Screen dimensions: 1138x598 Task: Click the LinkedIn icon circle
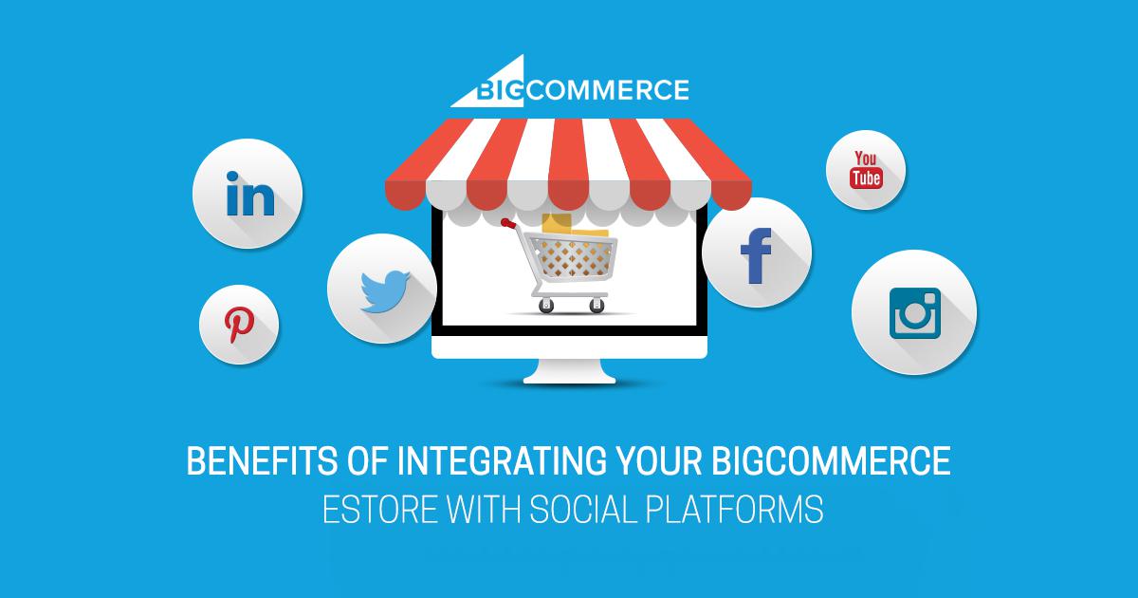248,194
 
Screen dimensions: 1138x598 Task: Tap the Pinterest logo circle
239,325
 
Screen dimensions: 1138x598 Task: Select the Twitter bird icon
385,291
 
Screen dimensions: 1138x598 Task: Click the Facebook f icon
756,255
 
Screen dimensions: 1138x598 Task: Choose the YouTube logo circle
866,170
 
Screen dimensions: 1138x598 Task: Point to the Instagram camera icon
915,313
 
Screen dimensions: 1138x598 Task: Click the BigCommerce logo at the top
570,83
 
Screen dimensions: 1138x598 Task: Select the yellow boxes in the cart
574,226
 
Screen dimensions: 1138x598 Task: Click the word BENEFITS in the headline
262,460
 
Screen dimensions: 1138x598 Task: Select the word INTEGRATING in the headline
502,460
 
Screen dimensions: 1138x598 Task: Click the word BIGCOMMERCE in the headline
831,460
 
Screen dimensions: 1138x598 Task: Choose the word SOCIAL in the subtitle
583,509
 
